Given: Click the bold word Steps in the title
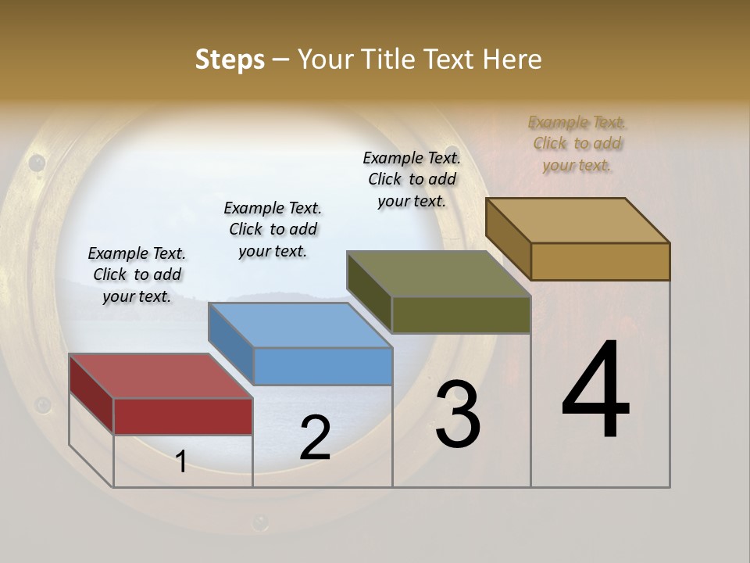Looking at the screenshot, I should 230,59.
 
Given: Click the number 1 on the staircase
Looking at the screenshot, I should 181,462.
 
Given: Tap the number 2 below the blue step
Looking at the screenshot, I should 315,438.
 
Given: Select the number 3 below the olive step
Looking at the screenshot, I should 457,414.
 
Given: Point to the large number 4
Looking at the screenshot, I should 595,390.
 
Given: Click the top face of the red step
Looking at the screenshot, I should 160,375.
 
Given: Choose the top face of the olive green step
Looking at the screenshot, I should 438,274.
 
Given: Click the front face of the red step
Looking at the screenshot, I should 183,416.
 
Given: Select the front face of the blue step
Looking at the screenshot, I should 323,366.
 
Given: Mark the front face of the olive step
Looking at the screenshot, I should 461,314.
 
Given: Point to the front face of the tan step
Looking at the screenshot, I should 600,261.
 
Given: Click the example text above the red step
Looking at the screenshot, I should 137,274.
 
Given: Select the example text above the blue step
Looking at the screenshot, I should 273,229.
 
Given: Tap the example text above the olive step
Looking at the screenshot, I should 412,179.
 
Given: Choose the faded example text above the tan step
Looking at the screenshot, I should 577,143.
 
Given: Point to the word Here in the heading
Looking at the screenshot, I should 512,59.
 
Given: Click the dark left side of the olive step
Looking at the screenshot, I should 370,292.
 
